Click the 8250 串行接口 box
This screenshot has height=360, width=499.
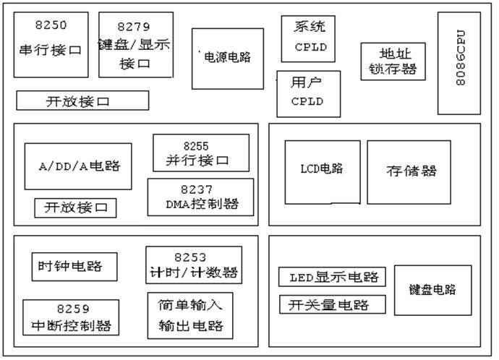51,44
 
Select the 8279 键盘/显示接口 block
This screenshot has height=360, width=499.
135,44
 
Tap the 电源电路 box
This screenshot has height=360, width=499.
227,59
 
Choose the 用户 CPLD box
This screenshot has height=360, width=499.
308,93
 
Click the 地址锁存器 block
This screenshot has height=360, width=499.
393,61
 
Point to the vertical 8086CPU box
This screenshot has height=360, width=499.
459,63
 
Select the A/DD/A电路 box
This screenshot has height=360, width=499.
78,166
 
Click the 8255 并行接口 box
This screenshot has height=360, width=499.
200,153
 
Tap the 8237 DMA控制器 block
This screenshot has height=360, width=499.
200,197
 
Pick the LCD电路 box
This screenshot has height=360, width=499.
322,171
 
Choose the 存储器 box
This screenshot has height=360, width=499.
409,171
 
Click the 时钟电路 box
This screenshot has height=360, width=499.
74,266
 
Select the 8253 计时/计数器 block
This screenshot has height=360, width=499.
193,265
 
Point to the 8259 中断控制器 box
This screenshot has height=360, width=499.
70,317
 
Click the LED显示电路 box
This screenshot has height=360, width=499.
332,277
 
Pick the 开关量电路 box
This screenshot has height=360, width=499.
332,304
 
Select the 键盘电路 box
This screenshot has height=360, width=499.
432,289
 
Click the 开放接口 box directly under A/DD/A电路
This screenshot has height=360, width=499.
75,207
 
